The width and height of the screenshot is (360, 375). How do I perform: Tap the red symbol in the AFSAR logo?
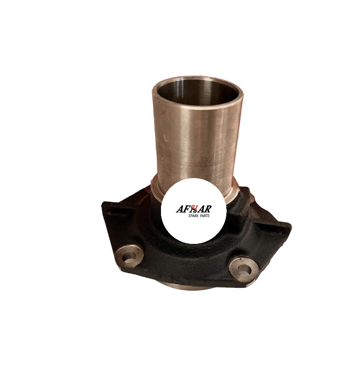[x=195, y=209]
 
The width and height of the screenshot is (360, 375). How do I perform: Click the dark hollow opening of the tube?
[x=198, y=93]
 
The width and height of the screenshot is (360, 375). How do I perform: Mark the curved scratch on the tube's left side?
[x=165, y=138]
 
